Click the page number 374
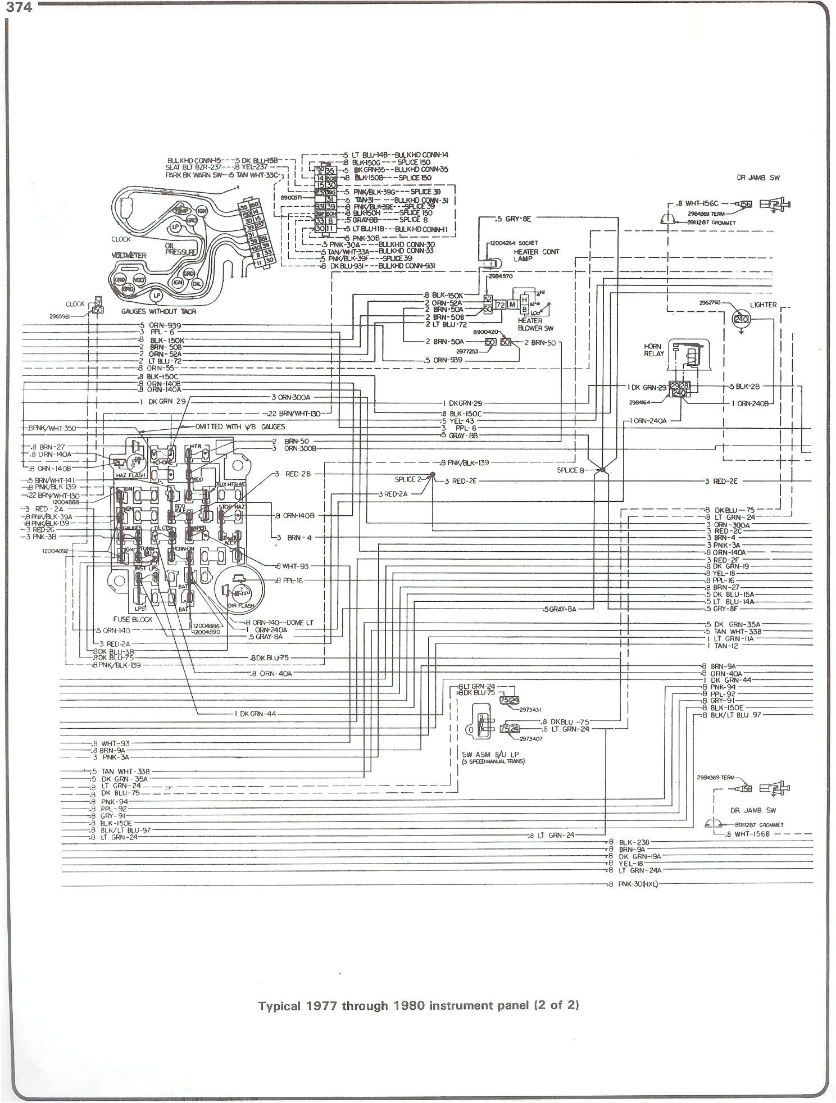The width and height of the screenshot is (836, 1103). (x=19, y=7)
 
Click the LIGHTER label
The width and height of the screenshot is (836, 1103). (x=763, y=305)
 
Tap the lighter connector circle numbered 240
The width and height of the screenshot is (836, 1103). (x=742, y=319)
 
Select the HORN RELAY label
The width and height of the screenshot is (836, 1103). (x=653, y=350)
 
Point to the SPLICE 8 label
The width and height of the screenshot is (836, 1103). (x=571, y=470)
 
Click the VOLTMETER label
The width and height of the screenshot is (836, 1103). (x=129, y=255)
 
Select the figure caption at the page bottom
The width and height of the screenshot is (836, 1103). (x=419, y=1005)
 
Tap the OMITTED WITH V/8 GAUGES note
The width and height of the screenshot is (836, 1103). (x=240, y=427)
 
